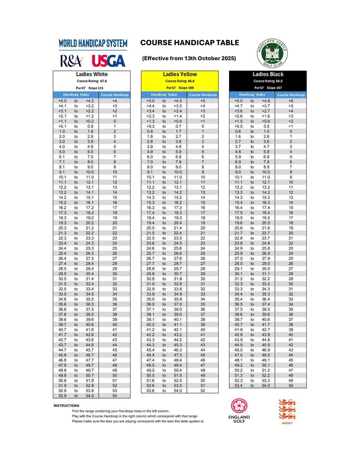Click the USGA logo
coord(109,61)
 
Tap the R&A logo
coord(71,61)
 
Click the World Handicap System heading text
coord(93,44)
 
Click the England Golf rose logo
coord(239,406)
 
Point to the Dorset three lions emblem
coord(287,409)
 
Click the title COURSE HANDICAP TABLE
coord(190,43)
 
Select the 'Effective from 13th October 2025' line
coord(189,58)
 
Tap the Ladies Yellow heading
coord(180,74)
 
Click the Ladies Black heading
coord(268,74)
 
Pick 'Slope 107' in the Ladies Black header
coord(274,88)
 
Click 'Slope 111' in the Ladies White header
coord(96,88)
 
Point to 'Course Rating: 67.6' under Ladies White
coord(92,81)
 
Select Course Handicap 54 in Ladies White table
coord(115,396)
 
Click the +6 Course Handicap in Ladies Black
coord(291,101)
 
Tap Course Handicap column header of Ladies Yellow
coord(203,95)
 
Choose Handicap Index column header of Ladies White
coord(76,95)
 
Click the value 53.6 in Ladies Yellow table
coord(151,391)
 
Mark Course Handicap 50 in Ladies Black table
coord(291,386)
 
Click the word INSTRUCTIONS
coord(66,405)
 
